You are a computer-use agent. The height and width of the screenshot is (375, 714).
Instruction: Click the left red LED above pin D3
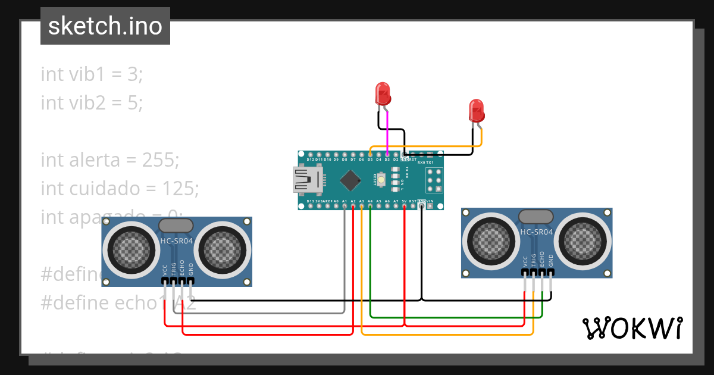click(383, 94)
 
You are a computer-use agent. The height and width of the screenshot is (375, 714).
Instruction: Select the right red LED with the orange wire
click(476, 110)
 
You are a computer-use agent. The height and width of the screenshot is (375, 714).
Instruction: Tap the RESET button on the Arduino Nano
click(394, 177)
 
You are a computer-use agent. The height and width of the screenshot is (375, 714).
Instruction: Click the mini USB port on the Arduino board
click(306, 180)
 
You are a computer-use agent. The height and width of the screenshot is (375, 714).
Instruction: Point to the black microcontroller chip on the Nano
click(352, 180)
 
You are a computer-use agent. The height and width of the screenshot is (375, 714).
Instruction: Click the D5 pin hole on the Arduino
click(370, 155)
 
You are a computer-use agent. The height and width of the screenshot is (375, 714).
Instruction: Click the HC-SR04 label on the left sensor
click(176, 241)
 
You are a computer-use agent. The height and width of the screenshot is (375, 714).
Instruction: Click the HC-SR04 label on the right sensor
click(536, 232)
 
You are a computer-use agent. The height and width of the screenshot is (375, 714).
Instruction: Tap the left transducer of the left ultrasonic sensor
click(128, 246)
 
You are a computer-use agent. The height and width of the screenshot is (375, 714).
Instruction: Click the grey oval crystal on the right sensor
click(536, 215)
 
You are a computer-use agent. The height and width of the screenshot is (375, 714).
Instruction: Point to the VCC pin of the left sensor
click(165, 280)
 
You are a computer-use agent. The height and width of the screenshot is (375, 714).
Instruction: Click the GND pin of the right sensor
click(551, 272)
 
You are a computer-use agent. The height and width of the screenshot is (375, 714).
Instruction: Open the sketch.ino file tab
click(105, 26)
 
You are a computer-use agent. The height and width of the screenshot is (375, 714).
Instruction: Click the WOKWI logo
click(632, 328)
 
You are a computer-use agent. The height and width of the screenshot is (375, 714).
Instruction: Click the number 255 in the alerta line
click(160, 160)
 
